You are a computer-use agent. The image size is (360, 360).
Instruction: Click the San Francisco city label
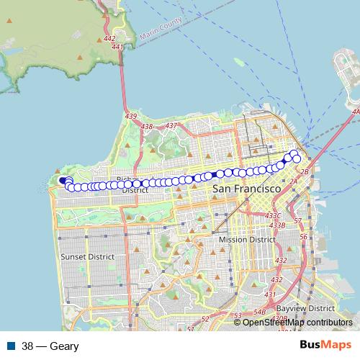point(246,189)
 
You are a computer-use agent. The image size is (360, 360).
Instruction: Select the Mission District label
point(247,240)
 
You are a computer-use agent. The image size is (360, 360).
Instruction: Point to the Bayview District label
point(315,307)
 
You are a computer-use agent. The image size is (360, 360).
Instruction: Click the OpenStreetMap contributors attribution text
point(297,323)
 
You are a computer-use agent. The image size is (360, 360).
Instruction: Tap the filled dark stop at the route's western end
point(63,181)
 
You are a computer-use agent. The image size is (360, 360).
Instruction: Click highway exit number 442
point(110,39)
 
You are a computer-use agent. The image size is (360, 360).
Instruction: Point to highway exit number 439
point(130,116)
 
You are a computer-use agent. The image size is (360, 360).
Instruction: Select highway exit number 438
point(148,126)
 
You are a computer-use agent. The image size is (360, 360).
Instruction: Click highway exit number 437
point(171,126)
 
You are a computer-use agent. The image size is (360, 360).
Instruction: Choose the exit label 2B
point(304,172)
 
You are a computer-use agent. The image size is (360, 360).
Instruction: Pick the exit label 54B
point(259,311)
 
